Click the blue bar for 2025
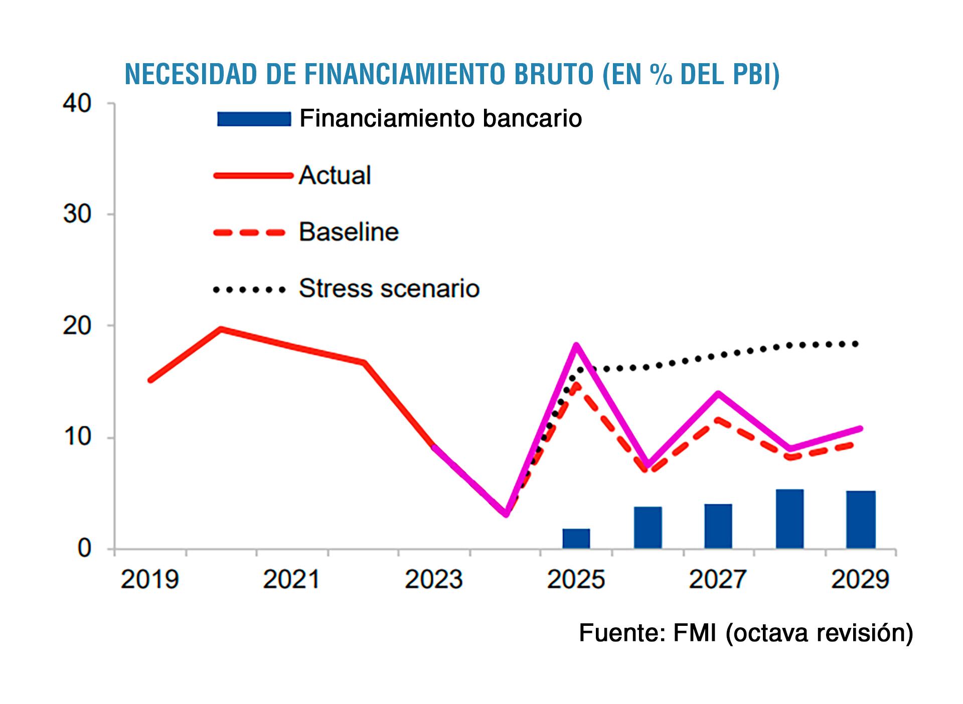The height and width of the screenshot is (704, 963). (576, 538)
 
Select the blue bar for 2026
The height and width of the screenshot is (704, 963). (648, 527)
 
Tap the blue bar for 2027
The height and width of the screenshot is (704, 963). (718, 526)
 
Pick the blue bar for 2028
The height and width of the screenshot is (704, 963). (789, 519)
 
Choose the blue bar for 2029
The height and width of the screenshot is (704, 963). (861, 519)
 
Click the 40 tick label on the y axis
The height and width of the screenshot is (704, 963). (77, 104)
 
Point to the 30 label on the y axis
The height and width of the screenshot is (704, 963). (77, 214)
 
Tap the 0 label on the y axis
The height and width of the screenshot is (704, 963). (84, 548)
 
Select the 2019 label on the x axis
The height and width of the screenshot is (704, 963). (149, 580)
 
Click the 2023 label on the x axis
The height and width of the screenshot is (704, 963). (433, 580)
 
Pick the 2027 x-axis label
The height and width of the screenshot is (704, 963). (718, 580)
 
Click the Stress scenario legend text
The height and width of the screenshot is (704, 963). (389, 289)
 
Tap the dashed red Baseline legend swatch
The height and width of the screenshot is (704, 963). (249, 232)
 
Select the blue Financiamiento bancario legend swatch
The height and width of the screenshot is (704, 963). (254, 119)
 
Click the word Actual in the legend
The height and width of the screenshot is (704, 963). (335, 175)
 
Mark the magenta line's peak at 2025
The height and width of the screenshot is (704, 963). (576, 345)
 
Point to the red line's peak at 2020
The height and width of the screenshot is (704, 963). (221, 329)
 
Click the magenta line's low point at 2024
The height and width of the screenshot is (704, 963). (506, 514)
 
